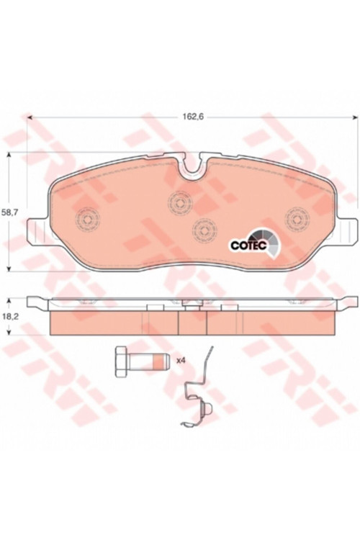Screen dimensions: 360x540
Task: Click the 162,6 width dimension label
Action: pos(193,117)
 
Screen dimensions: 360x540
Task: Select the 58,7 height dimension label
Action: pos(9,212)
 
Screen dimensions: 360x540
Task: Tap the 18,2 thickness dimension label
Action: pos(9,317)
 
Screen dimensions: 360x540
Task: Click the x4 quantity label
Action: pos(181,361)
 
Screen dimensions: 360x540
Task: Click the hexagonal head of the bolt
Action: pos(121,361)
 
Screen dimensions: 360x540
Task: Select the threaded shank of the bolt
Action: pos(148,361)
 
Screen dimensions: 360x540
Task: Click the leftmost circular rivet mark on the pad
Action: pos(88,220)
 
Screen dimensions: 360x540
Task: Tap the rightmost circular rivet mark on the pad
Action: pos(297,219)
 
